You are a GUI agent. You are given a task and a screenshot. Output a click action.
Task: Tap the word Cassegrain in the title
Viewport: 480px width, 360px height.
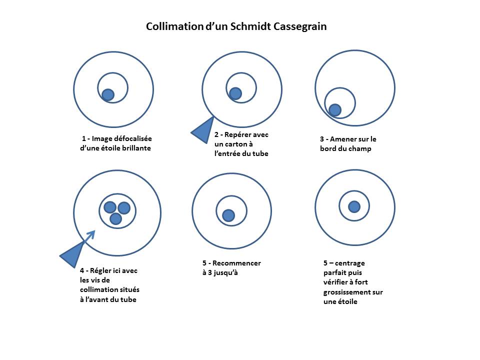(x=300, y=27)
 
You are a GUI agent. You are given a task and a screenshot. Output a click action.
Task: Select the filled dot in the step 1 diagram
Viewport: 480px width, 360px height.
(x=108, y=95)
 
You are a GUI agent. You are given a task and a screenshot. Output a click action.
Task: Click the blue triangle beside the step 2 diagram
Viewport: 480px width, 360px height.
(x=203, y=130)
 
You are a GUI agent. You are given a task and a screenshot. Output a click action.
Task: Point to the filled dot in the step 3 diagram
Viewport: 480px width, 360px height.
(x=335, y=110)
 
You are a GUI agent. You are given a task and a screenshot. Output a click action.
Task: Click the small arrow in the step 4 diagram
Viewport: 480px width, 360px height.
(x=89, y=236)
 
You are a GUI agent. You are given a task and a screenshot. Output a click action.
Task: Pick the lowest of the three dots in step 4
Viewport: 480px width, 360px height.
(x=115, y=219)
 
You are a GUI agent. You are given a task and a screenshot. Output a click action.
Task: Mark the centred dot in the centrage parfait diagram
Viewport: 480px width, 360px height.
(x=354, y=207)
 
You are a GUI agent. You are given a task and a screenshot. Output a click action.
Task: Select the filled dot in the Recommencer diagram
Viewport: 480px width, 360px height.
(x=228, y=215)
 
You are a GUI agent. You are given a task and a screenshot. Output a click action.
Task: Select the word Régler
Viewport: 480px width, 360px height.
(x=100, y=271)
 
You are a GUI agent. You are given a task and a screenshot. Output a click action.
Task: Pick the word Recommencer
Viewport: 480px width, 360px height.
(x=236, y=263)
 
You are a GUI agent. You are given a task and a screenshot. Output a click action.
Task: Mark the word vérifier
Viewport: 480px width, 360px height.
(x=335, y=282)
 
